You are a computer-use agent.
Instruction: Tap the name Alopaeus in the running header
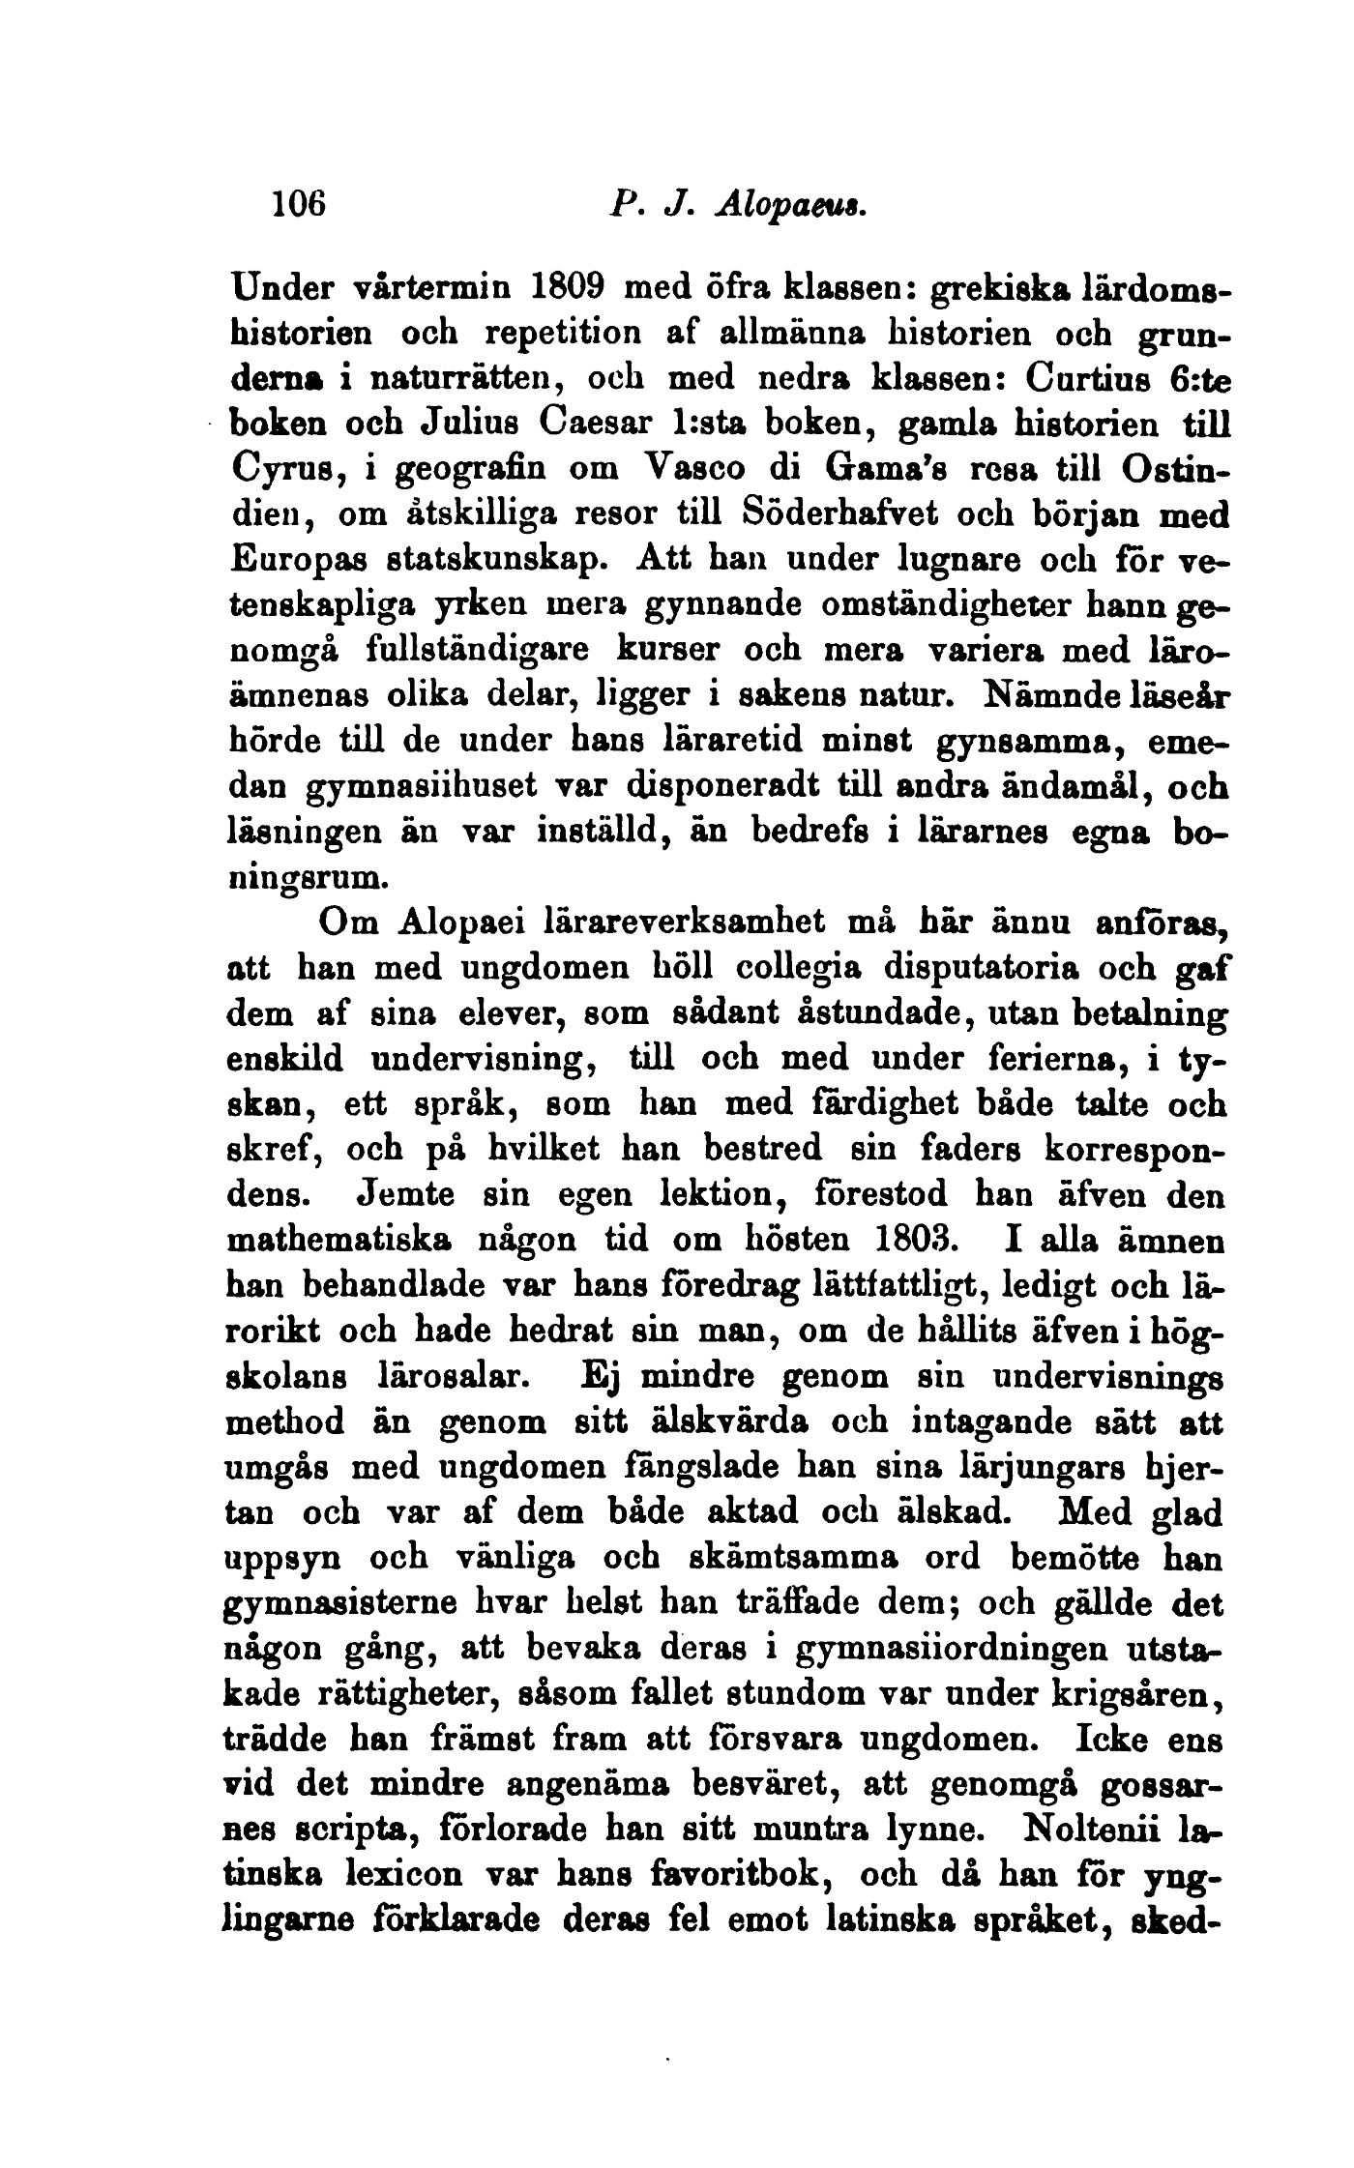(790, 205)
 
